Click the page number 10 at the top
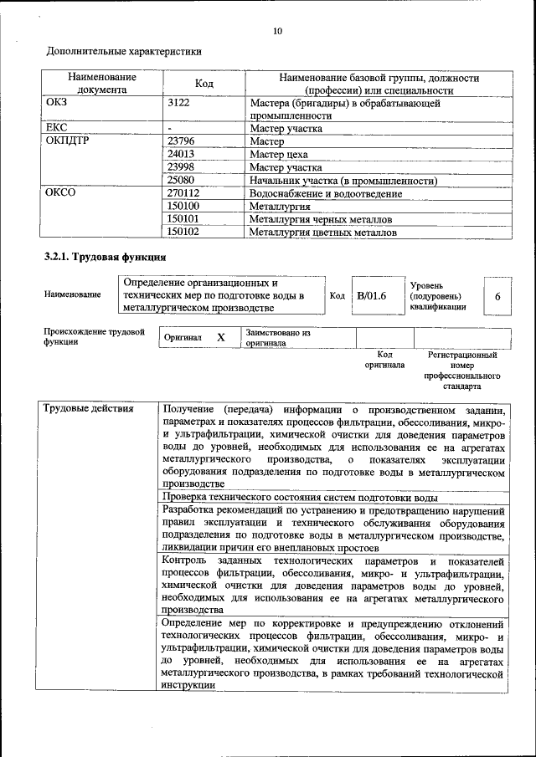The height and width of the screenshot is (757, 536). pos(277,31)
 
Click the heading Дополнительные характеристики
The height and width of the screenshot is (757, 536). pos(123,51)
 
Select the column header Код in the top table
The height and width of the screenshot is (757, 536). pos(204,84)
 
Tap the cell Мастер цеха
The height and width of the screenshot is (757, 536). pos(279,155)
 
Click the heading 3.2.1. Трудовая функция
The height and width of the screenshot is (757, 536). pos(105,257)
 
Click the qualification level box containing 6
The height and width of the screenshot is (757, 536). pos(497,296)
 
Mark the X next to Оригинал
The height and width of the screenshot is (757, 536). pos(221,337)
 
